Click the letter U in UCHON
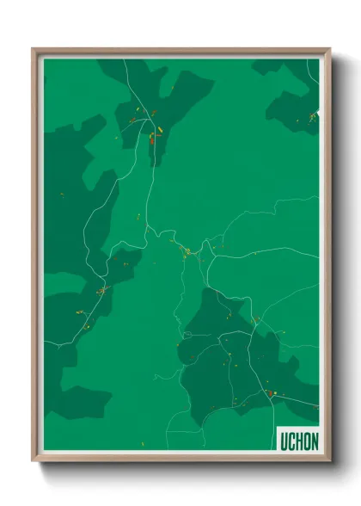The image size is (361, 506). [x=283, y=441]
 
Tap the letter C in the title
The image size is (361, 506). [x=291, y=441]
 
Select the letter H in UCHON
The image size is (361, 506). [x=298, y=441]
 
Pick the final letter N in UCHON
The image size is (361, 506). [x=315, y=441]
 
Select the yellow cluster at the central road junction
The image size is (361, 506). [x=186, y=251]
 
